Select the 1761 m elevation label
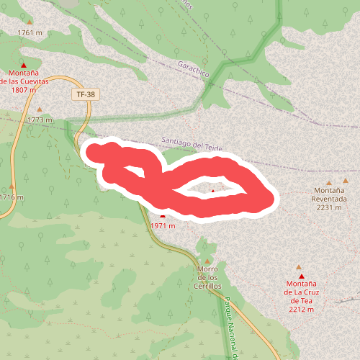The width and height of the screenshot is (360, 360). coord(30,33)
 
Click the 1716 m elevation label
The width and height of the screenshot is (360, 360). coord(12,197)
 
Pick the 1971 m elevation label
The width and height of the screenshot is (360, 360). coord(163,225)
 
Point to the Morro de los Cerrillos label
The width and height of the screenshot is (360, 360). coord(208,277)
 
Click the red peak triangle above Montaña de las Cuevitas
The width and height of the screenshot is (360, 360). coord(23,65)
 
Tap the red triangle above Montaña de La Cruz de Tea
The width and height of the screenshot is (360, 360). coord(301,276)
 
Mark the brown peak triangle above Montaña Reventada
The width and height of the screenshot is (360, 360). coord(330,183)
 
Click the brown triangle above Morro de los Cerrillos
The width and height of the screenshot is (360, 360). coord(208,261)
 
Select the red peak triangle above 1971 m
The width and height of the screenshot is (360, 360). coord(163,215)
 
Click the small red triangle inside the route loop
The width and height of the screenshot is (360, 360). coord(212,192)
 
